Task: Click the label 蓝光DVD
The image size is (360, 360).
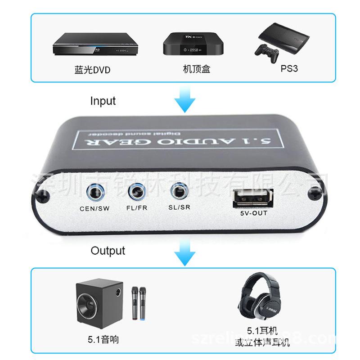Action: tap(92, 70)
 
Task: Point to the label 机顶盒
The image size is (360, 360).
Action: tap(197, 69)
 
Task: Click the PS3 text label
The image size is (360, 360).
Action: tap(289, 69)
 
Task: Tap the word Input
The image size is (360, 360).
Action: tap(103, 101)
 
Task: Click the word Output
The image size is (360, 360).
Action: tap(108, 251)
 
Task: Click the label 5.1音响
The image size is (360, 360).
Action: tap(103, 340)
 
